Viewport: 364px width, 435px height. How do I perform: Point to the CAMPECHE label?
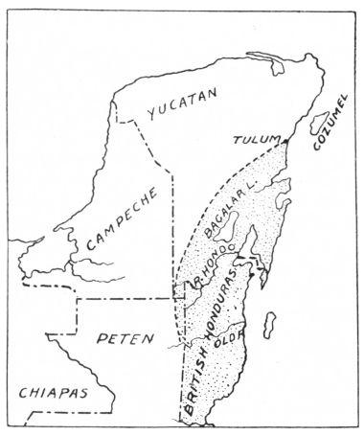[x=120, y=233]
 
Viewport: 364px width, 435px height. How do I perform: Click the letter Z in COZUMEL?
[x=325, y=141]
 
